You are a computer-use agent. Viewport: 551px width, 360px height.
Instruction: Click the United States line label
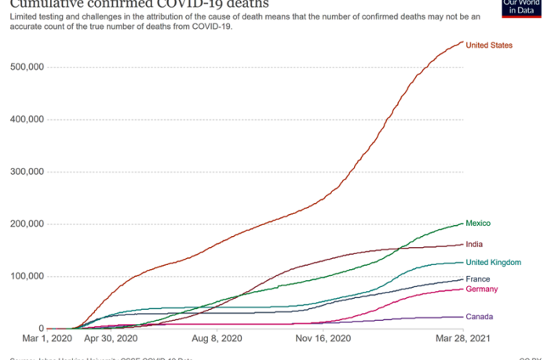pyautogui.click(x=488, y=45)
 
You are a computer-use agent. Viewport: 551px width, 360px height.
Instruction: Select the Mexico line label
pyautogui.click(x=478, y=224)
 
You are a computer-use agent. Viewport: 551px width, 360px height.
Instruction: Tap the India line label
pyautogui.click(x=474, y=245)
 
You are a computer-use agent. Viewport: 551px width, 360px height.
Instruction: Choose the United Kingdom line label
pyautogui.click(x=494, y=263)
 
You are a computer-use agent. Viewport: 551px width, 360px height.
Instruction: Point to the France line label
pyautogui.click(x=478, y=279)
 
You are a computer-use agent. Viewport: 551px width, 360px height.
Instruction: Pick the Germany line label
pyautogui.click(x=482, y=289)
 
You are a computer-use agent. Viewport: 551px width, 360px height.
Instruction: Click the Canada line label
pyautogui.click(x=480, y=317)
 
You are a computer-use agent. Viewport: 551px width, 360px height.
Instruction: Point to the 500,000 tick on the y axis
pyautogui.click(x=27, y=67)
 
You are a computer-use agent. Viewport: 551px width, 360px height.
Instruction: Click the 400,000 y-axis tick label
pyautogui.click(x=27, y=120)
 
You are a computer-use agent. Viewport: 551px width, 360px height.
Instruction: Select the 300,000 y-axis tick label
pyautogui.click(x=27, y=172)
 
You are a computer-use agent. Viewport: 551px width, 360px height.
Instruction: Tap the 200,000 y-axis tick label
pyautogui.click(x=27, y=224)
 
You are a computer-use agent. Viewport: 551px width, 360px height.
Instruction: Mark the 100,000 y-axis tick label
pyautogui.click(x=27, y=277)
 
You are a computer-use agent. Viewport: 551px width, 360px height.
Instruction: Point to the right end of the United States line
pyautogui.click(x=463, y=42)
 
